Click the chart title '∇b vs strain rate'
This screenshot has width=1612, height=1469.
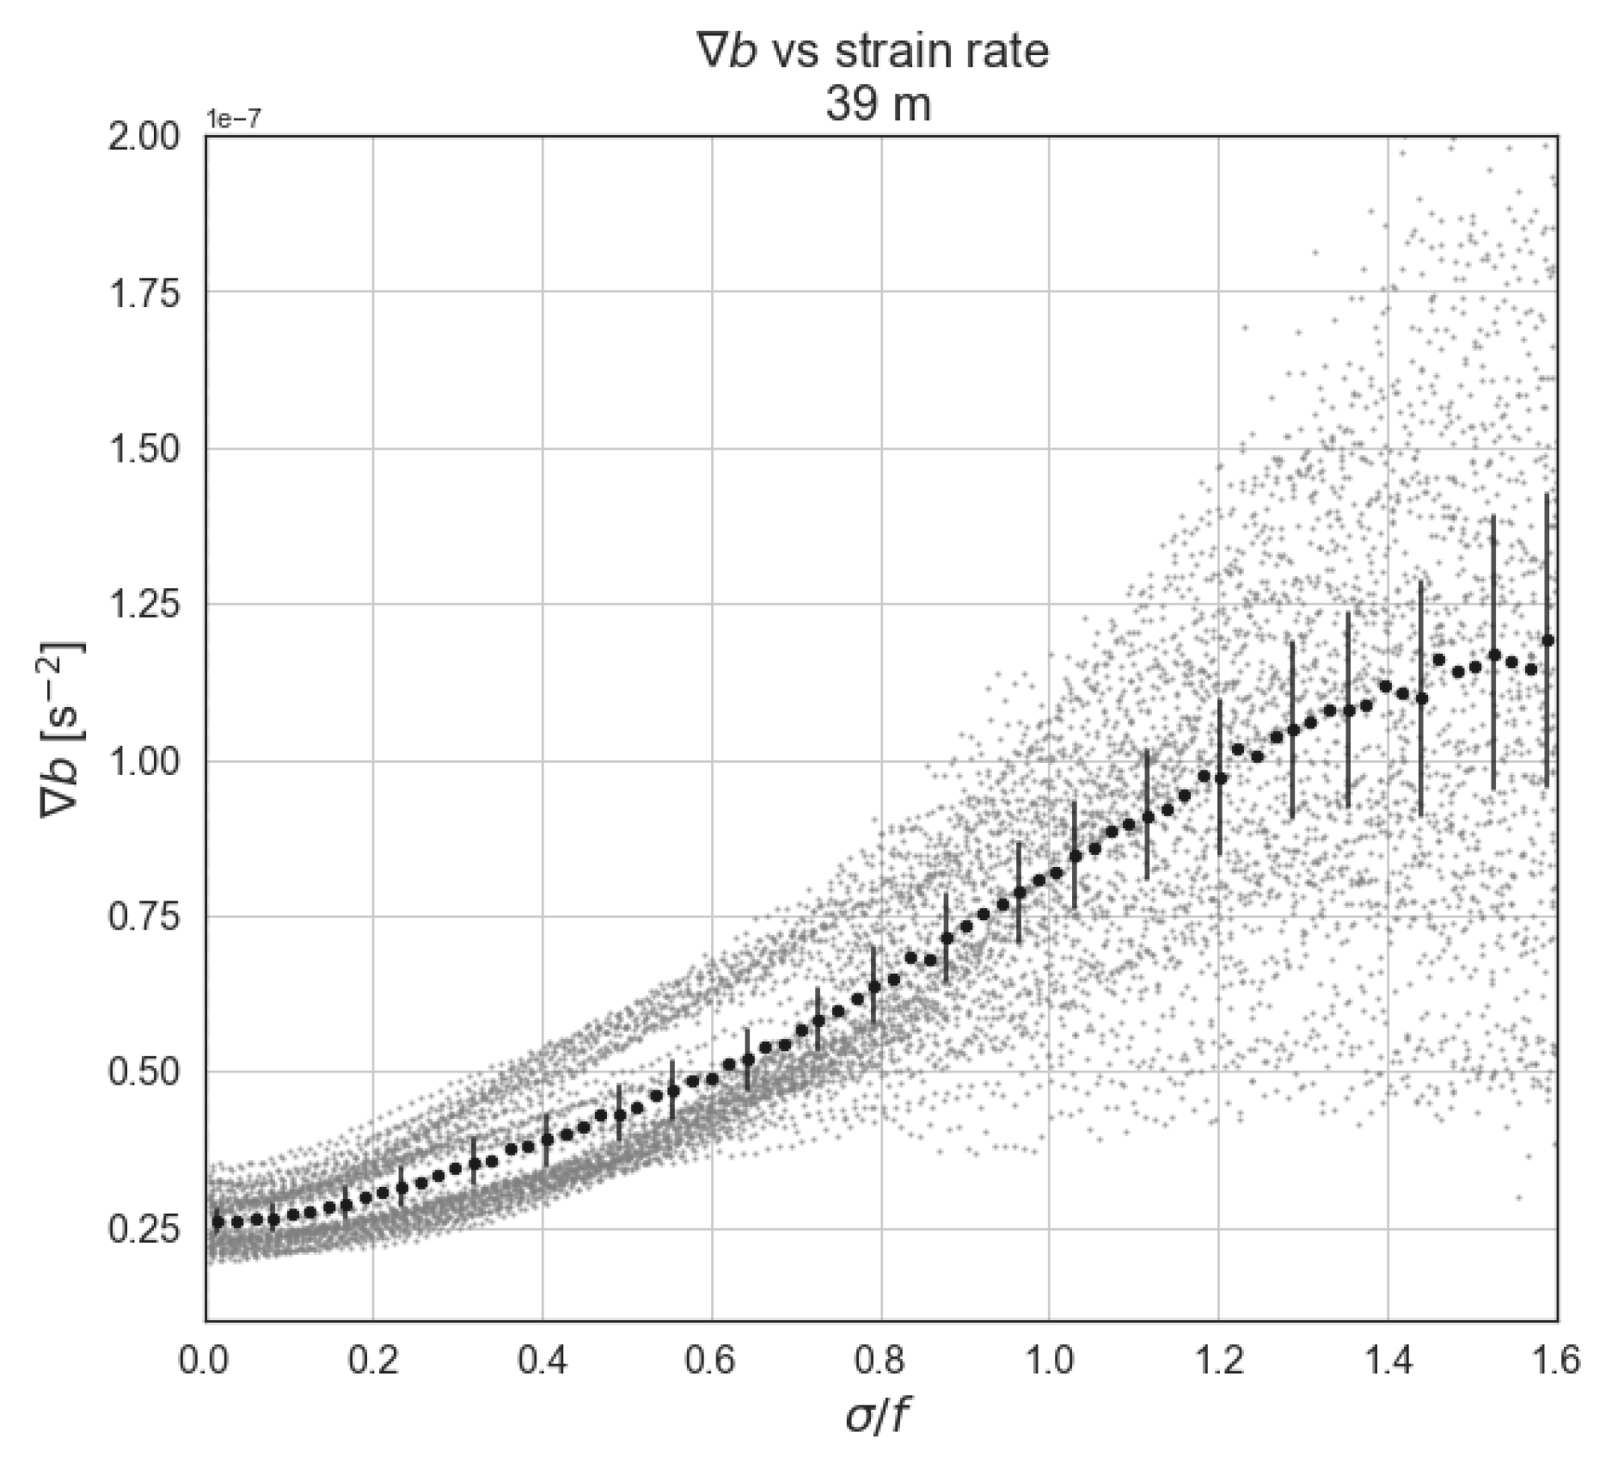pyautogui.click(x=873, y=52)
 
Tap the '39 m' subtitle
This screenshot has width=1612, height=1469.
pyautogui.click(x=878, y=106)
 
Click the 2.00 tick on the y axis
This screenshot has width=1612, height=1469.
pyautogui.click(x=144, y=137)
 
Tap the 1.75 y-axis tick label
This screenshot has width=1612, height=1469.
pyautogui.click(x=144, y=293)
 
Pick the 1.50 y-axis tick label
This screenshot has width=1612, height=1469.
pyautogui.click(x=144, y=449)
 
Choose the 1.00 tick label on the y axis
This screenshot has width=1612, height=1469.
pyautogui.click(x=144, y=761)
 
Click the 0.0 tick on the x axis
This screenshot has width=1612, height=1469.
pyautogui.click(x=206, y=1362)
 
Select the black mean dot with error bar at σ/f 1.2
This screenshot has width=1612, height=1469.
pyautogui.click(x=1220, y=778)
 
